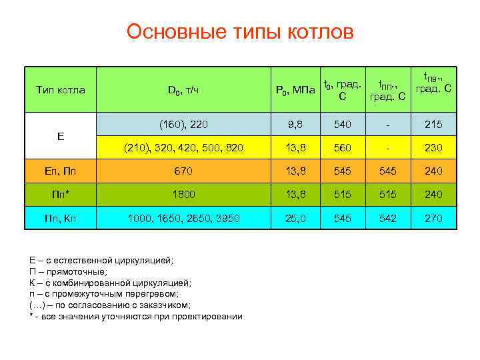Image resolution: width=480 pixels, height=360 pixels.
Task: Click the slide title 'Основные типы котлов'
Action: (240, 32)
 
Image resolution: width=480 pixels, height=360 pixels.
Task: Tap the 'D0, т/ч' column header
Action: (183, 90)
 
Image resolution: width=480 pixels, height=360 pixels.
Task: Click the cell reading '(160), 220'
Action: (183, 123)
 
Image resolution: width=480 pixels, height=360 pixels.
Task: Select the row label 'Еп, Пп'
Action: (60, 171)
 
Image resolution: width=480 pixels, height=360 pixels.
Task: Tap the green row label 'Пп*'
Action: (60, 194)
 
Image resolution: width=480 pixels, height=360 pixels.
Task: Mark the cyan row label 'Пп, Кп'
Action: (60, 217)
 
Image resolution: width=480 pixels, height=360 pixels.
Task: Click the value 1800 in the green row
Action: (183, 194)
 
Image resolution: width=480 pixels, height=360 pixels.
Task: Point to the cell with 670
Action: (183, 171)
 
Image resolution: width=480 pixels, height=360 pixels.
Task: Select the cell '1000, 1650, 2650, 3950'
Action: (183, 217)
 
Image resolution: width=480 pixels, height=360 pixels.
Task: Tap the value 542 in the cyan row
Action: (388, 217)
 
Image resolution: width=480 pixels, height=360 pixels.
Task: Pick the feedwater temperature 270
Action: (433, 217)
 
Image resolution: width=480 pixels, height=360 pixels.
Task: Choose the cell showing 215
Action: (433, 123)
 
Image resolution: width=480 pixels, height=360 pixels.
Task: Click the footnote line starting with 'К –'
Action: (111, 283)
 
